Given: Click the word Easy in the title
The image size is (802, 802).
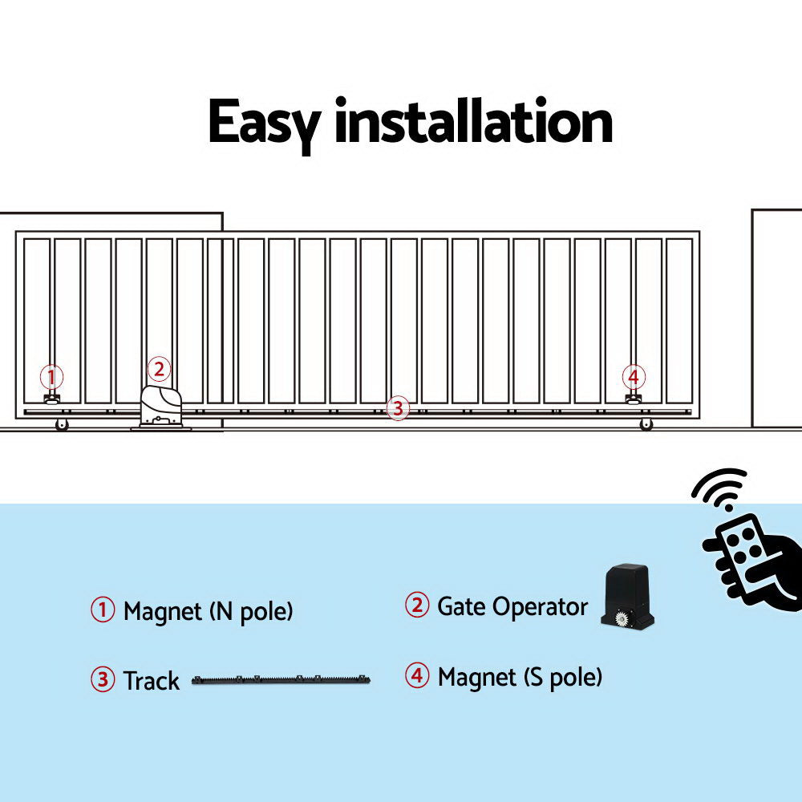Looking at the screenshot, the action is click(264, 123).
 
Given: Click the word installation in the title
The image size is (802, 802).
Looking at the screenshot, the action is click(473, 123).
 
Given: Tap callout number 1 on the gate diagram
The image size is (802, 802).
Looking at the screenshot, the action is click(51, 376).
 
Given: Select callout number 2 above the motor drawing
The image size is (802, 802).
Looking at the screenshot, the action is click(159, 369).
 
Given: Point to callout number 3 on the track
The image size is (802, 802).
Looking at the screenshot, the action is click(397, 408).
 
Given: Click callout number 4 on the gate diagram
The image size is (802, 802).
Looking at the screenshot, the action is click(634, 376).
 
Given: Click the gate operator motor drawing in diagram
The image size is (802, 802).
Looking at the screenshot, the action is click(163, 407).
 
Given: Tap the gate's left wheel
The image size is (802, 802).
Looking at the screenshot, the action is click(62, 425).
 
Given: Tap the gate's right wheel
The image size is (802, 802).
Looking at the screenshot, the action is click(646, 425).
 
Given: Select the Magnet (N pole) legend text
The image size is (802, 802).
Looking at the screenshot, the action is click(208, 611).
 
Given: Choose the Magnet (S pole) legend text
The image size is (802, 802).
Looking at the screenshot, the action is click(520, 677).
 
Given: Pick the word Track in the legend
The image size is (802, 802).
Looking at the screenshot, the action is click(151, 681).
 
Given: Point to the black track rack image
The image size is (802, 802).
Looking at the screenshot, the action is click(282, 680).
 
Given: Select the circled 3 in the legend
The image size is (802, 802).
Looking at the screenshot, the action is click(102, 680).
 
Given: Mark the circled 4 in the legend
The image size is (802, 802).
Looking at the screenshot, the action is click(416, 676).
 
